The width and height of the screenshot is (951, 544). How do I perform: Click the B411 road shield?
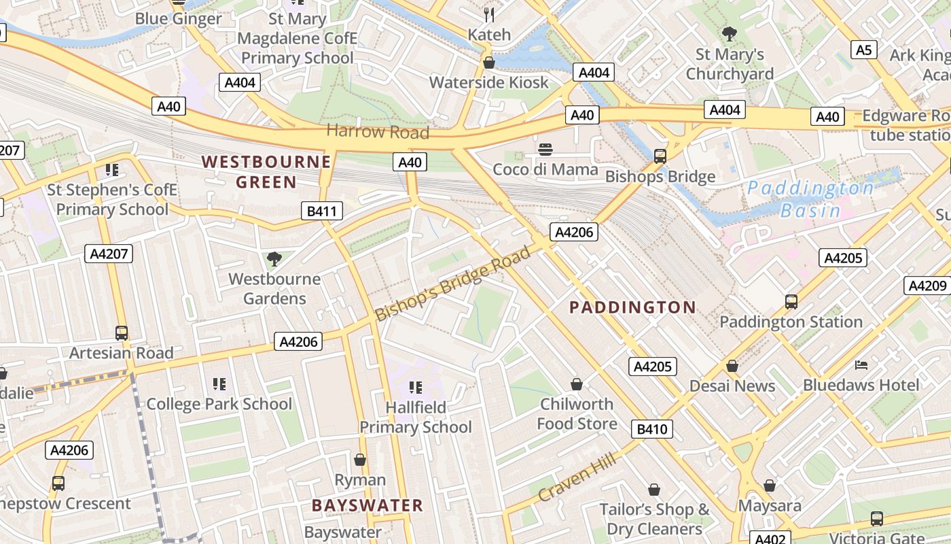(321, 211)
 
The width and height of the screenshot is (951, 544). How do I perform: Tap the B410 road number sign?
(652, 429)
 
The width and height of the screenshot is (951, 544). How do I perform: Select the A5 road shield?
(863, 50)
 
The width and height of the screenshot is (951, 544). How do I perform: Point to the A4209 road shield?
(927, 286)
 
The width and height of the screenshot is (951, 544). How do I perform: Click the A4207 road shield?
(108, 254)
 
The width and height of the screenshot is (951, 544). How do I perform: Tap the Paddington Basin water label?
(810, 199)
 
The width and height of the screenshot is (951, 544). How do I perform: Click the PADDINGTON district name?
(632, 307)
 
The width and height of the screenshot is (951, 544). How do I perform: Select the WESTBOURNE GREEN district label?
(266, 171)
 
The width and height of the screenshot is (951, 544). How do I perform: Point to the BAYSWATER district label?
(367, 505)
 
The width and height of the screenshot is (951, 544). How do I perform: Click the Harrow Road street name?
(378, 131)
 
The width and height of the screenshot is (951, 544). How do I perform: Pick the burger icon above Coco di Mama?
(545, 149)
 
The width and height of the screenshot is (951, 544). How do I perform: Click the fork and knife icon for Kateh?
(488, 14)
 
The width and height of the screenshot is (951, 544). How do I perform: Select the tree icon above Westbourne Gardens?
(274, 258)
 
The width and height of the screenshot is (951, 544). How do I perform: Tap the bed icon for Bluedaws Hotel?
(861, 365)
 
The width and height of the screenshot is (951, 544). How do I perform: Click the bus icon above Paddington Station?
(791, 301)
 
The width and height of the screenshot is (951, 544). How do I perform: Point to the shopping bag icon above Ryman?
(360, 460)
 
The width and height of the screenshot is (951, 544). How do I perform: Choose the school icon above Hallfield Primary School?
(415, 388)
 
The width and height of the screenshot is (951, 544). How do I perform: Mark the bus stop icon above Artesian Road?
(122, 333)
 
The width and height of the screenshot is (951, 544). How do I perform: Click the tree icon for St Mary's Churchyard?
(730, 34)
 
